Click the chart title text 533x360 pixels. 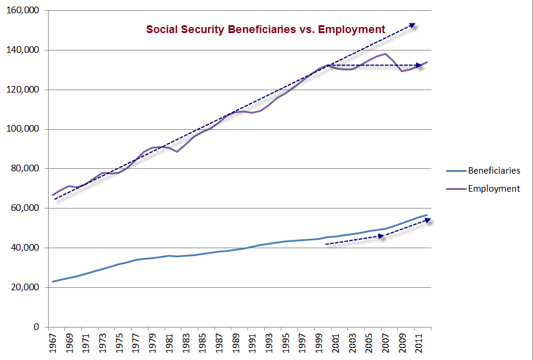pyautogui.click(x=266, y=29)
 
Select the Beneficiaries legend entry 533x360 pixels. pyautogui.click(x=494, y=171)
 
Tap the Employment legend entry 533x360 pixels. pyautogui.click(x=494, y=189)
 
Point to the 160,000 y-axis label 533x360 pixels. pyautogui.click(x=22, y=11)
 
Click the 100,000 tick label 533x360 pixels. pyautogui.click(x=22, y=129)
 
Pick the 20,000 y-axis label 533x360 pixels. pyautogui.click(x=25, y=287)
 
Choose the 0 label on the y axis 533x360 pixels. pyautogui.click(x=35, y=327)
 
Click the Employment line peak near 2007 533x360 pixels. pyautogui.click(x=385, y=53)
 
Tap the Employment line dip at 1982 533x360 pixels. pyautogui.click(x=177, y=151)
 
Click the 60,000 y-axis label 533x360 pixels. pyautogui.click(x=25, y=208)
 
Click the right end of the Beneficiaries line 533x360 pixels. pyautogui.click(x=427, y=215)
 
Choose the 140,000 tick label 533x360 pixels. pyautogui.click(x=22, y=50)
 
